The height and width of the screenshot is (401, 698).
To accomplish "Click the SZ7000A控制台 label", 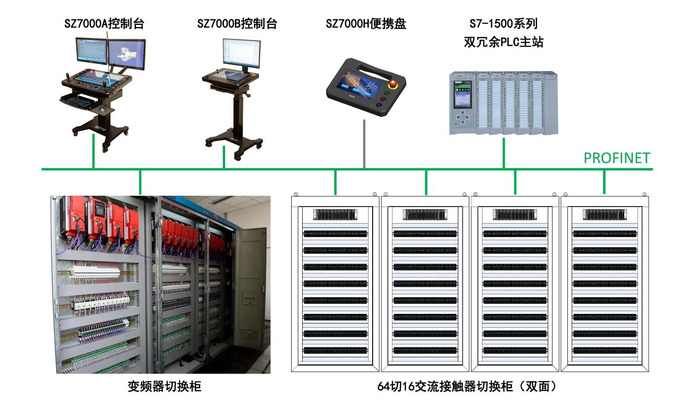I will pos(104,24).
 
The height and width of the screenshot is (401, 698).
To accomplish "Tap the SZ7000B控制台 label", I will pos(237,24).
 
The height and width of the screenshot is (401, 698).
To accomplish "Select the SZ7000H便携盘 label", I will pos(366,24).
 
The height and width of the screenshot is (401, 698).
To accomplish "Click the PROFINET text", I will pos(616,158).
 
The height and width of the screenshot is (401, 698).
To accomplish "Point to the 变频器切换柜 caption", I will pos(164,386).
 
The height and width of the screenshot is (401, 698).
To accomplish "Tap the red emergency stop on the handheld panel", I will pos(393,84).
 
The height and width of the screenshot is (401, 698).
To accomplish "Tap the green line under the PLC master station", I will pos(504,153).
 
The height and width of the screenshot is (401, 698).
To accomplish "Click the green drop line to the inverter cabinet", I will pos(140,182).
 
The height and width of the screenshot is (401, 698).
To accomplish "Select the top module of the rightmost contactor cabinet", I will pos(604,214).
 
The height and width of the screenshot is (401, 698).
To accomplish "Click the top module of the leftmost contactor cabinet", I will pos(335,214).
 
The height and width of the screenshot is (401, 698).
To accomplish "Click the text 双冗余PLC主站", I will pos(503,42).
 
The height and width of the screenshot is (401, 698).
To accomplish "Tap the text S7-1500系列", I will pos(503,24).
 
